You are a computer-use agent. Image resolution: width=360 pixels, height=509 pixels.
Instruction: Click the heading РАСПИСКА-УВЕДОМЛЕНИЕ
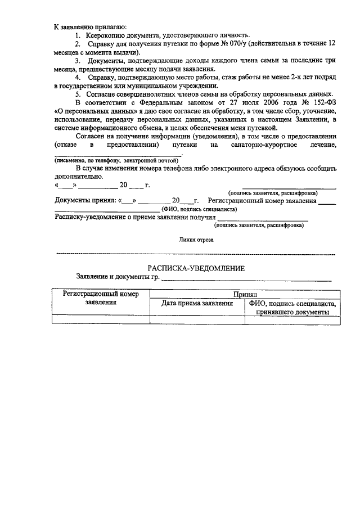tap(196, 268)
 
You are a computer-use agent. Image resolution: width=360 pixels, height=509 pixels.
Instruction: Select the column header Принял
tap(245, 294)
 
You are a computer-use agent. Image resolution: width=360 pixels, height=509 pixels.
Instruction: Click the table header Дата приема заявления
tap(197, 303)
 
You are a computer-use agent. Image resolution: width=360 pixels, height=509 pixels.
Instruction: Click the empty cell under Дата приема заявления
tap(197, 319)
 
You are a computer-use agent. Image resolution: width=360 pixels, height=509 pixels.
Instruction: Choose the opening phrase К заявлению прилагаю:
tap(90, 26)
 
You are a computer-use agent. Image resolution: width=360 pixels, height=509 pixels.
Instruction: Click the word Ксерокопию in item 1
tap(107, 35)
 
